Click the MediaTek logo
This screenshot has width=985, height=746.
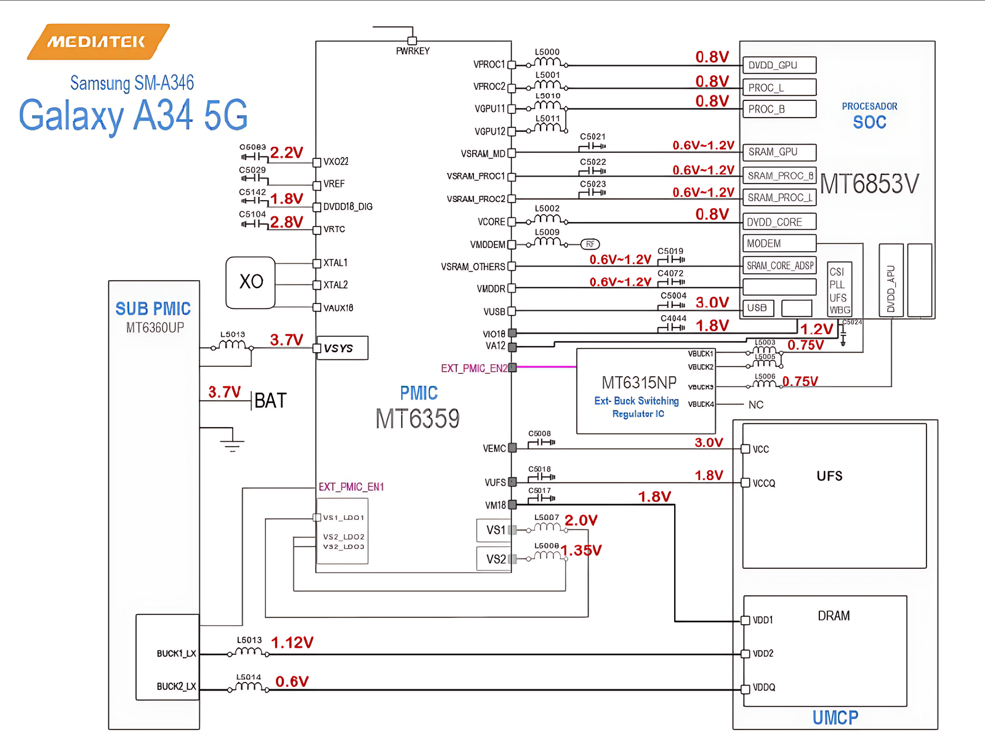[x=98, y=42]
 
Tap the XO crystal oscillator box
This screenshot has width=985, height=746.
[x=251, y=283]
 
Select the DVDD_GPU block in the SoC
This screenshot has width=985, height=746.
[x=779, y=65]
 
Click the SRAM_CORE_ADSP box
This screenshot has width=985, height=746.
[x=780, y=266]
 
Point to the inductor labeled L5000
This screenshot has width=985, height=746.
[x=547, y=62]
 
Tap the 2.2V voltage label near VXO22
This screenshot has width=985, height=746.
[x=287, y=153]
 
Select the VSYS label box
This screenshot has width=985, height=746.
[x=342, y=348]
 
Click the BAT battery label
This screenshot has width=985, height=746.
[x=270, y=401]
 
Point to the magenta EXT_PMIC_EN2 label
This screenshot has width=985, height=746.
[x=474, y=368]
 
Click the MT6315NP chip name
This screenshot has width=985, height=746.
[x=639, y=383]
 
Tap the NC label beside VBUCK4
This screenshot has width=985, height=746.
[x=756, y=404]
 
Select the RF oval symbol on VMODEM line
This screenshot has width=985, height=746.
[x=590, y=244]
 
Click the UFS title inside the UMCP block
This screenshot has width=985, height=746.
[x=829, y=476]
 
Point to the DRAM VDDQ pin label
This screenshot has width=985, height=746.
[x=764, y=688]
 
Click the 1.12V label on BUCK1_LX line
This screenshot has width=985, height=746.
[x=292, y=643]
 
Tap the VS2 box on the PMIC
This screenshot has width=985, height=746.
[x=494, y=559]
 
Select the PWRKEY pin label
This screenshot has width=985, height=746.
[x=412, y=51]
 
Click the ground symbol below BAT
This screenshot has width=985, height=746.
[x=232, y=442]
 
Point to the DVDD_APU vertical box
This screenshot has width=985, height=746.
[x=891, y=280]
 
